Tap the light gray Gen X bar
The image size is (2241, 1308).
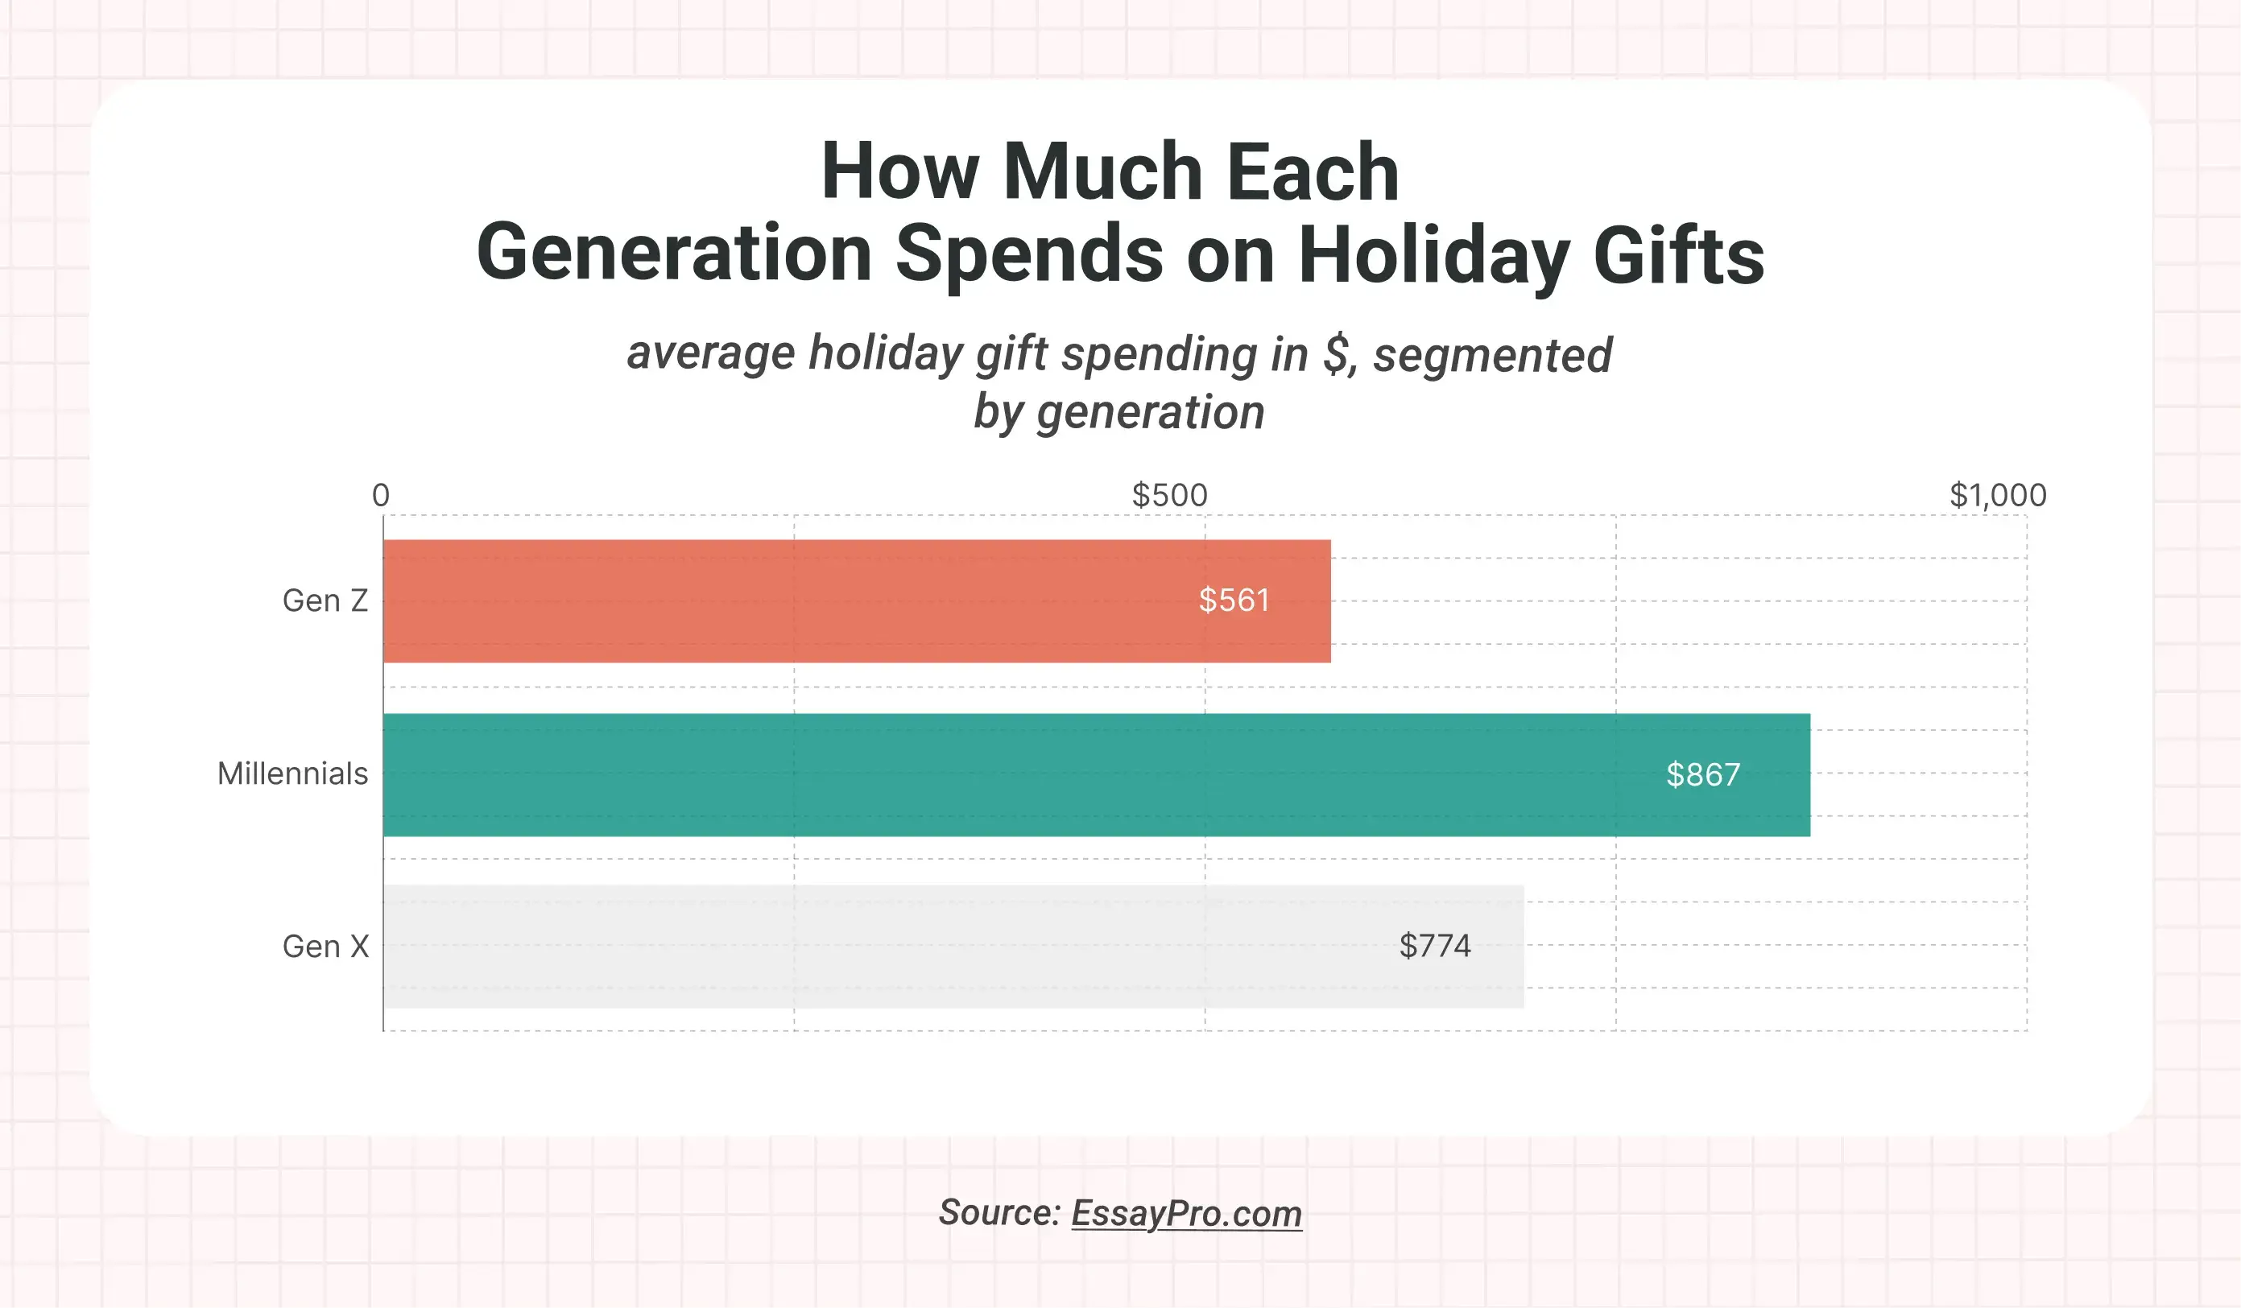tap(953, 946)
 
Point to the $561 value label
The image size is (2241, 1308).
tap(1234, 600)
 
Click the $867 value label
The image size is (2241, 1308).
tap(1702, 774)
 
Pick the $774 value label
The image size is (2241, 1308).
tap(1434, 945)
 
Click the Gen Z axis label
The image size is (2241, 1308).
tap(325, 601)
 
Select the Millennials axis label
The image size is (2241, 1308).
tap(292, 774)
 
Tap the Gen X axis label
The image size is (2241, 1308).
tap(325, 946)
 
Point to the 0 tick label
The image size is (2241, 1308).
tap(381, 495)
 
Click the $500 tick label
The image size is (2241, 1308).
tap(1169, 495)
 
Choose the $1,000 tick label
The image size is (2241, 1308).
tap(1997, 495)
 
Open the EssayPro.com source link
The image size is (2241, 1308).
tap(1185, 1213)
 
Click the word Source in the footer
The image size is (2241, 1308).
tap(999, 1213)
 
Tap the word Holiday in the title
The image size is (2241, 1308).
tap(1433, 255)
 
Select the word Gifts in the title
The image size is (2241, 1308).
tap(1678, 255)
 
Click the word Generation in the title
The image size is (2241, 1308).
tap(674, 254)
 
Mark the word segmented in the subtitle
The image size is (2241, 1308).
tap(1492, 355)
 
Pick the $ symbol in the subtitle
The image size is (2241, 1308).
tap(1337, 354)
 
